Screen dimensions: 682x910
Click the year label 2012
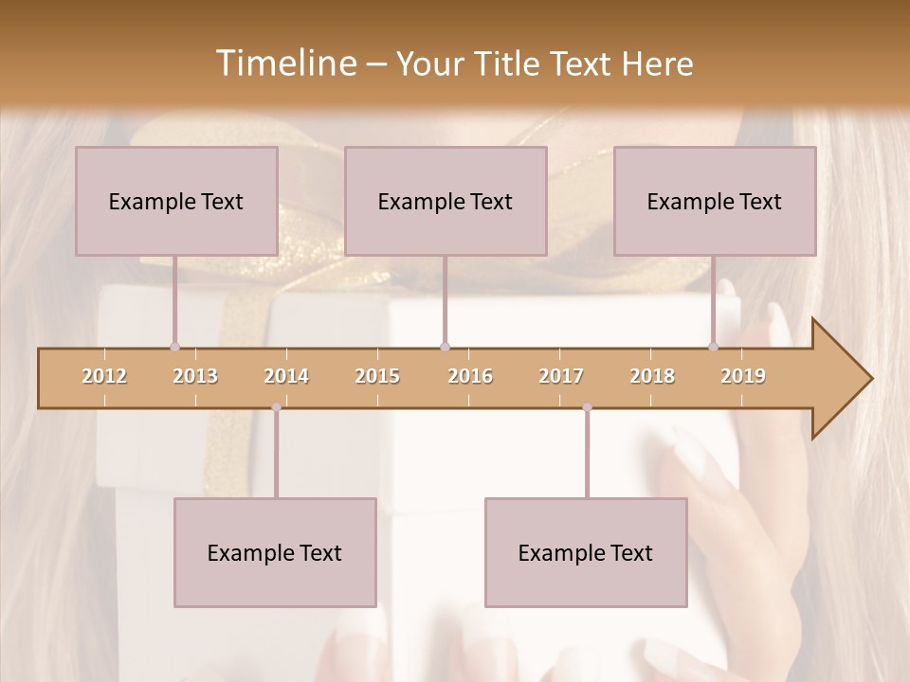tap(104, 376)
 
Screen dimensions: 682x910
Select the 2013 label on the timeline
tap(195, 376)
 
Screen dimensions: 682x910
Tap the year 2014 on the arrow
tap(286, 376)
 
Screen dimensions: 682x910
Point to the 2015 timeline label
tap(377, 376)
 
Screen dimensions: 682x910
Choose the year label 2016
tap(470, 376)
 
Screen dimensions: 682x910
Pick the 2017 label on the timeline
tap(561, 376)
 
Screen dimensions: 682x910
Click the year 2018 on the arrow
tap(652, 376)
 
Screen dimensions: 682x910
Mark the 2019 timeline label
tap(743, 376)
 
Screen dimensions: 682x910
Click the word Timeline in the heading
tap(284, 63)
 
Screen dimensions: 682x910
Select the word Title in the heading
tap(513, 63)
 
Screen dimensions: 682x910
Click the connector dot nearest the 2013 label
tap(174, 347)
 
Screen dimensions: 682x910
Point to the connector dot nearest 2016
tap(445, 347)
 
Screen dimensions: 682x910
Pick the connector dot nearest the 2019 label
tap(714, 347)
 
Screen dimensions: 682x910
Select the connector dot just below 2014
tap(276, 407)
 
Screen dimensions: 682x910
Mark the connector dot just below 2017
tap(587, 407)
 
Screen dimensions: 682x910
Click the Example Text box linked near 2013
tap(176, 201)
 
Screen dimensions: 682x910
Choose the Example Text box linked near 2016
tap(446, 201)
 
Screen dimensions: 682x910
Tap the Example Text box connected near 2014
tap(275, 552)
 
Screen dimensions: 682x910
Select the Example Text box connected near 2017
tap(586, 552)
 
